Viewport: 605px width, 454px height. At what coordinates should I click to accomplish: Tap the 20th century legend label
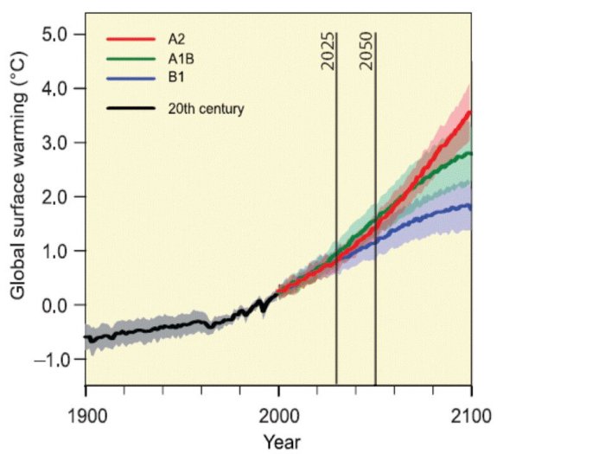coord(206,109)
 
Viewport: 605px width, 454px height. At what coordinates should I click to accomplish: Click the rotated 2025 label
coord(328,54)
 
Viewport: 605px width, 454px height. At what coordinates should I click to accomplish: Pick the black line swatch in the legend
coord(130,109)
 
